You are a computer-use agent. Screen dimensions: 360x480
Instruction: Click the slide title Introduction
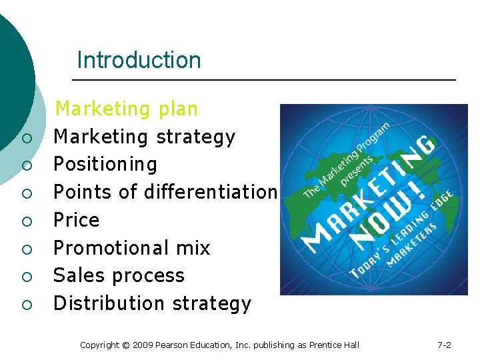pos(139,60)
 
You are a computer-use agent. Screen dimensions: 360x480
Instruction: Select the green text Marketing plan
pos(126,109)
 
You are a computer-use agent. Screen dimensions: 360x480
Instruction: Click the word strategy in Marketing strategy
pos(195,137)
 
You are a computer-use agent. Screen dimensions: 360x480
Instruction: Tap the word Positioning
pos(105,165)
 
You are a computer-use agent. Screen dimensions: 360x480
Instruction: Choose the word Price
pos(76,220)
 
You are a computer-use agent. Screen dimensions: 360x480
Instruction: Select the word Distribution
pos(109,303)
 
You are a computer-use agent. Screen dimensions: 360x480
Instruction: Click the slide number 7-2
pos(444,345)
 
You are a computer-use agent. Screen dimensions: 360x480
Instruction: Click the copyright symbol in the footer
pos(126,345)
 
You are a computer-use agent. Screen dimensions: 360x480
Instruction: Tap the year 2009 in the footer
pos(143,345)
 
